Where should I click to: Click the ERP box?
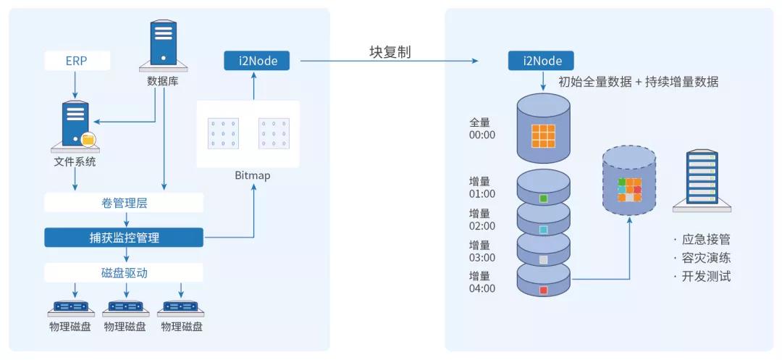pos(77,61)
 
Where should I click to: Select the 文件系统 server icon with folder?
pos(77,125)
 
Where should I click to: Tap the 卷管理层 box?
pos(124,204)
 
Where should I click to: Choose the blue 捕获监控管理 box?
pos(124,238)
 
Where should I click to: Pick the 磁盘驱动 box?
pos(124,272)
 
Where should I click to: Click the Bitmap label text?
pos(253,175)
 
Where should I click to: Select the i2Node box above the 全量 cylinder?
pos(543,61)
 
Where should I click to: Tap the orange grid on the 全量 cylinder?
pos(543,136)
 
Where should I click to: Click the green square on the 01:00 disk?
pos(543,198)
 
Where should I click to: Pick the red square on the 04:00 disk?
pos(543,290)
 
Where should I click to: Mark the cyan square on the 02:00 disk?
pos(543,230)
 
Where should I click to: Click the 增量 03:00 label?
pos(482,251)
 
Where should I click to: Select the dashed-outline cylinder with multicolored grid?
pos(629,181)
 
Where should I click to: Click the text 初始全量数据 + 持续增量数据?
pos(638,82)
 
